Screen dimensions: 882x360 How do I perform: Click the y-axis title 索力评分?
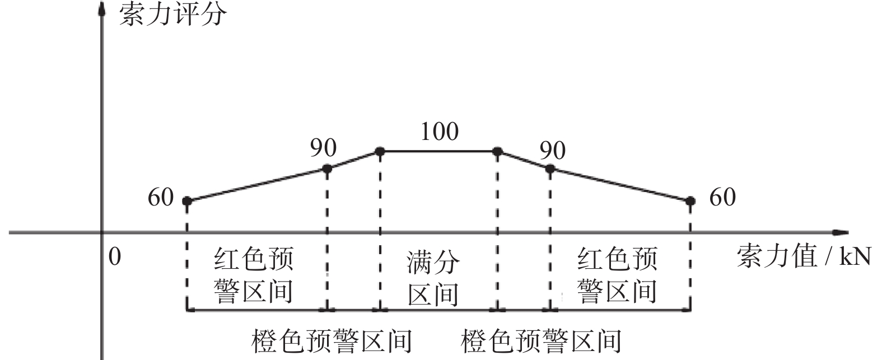pyautogui.click(x=173, y=15)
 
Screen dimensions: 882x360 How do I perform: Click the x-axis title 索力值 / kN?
pyautogui.click(x=804, y=256)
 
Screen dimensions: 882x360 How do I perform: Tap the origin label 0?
pyautogui.click(x=115, y=257)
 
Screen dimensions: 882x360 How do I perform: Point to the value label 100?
pyautogui.click(x=440, y=131)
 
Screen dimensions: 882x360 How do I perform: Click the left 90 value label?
pyautogui.click(x=323, y=148)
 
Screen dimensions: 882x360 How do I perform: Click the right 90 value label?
pyautogui.click(x=553, y=150)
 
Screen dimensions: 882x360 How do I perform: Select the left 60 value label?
pyautogui.click(x=161, y=197)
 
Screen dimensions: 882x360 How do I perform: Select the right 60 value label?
pyautogui.click(x=722, y=197)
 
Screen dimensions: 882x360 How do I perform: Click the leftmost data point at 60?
pyautogui.click(x=187, y=201)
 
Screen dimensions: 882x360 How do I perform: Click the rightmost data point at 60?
pyautogui.click(x=690, y=201)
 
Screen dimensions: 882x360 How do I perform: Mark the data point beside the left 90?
pyautogui.click(x=327, y=169)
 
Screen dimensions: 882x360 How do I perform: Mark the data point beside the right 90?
pyautogui.click(x=550, y=169)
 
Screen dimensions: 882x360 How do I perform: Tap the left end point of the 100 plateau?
pyautogui.click(x=380, y=151)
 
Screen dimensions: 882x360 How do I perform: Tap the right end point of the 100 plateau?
pyautogui.click(x=498, y=151)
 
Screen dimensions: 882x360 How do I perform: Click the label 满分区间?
pyautogui.click(x=433, y=278)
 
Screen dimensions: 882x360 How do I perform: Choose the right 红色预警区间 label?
pyautogui.click(x=617, y=275)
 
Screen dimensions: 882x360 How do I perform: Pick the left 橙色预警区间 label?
pyautogui.click(x=332, y=341)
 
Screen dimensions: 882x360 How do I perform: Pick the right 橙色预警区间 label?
pyautogui.click(x=541, y=341)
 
